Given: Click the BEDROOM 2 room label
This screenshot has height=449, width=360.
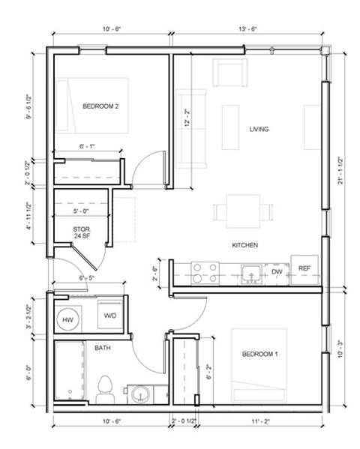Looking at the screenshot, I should (x=100, y=106).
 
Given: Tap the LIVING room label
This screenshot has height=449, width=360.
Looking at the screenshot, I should (x=259, y=130).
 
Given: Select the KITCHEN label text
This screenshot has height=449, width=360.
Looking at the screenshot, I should (x=244, y=246).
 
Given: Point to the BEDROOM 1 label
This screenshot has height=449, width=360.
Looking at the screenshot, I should (x=259, y=354).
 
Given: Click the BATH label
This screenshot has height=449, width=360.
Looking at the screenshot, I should (x=103, y=348).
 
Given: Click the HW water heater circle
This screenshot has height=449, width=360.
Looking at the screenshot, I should (x=68, y=316).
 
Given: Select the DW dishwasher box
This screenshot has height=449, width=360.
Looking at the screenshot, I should (x=277, y=272).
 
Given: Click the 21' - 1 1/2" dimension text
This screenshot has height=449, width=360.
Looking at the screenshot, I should (x=340, y=172).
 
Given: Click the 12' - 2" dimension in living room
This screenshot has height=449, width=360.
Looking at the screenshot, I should (x=185, y=118).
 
